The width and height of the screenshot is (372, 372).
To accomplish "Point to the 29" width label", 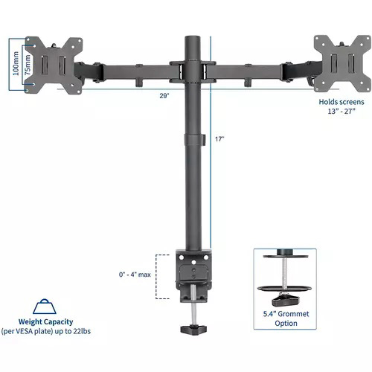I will point(164,95).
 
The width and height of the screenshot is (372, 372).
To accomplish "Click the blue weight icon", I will point(46,307).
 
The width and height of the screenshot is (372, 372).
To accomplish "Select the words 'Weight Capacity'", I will point(46,323).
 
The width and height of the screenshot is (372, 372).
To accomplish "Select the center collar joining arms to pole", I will point(191,71).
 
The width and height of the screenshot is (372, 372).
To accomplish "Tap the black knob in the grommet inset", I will point(284,300).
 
